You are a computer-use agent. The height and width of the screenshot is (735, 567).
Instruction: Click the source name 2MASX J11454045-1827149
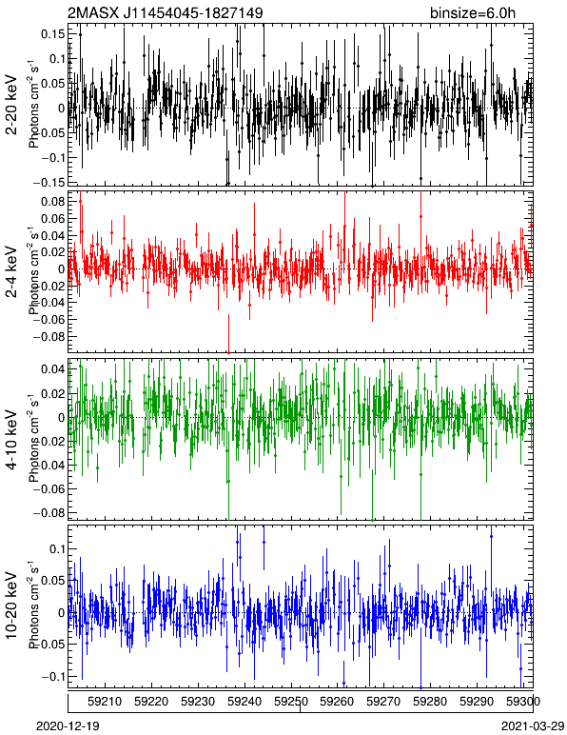(165, 12)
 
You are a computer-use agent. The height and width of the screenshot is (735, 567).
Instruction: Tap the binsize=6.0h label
(473, 12)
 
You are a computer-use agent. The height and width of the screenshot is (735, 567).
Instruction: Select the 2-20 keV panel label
(11, 105)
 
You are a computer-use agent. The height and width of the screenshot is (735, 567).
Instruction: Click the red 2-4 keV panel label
(11, 272)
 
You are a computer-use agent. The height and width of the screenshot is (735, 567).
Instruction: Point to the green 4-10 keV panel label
(11, 440)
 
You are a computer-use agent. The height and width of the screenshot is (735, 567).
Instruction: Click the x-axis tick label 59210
(105, 702)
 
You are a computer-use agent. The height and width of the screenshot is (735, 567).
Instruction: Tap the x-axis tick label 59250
(291, 702)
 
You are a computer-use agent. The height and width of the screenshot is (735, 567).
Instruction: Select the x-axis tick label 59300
(523, 702)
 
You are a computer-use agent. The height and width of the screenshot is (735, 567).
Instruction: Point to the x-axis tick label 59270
(384, 702)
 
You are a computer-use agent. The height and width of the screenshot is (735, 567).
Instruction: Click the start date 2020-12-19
(68, 726)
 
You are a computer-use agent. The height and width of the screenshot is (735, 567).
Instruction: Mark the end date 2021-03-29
(533, 726)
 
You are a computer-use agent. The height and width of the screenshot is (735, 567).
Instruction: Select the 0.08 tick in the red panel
(52, 202)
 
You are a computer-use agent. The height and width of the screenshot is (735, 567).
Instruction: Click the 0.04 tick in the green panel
(52, 368)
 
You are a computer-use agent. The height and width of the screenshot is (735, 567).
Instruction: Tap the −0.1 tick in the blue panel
(52, 676)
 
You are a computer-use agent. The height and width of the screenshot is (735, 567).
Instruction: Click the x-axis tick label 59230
(198, 702)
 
